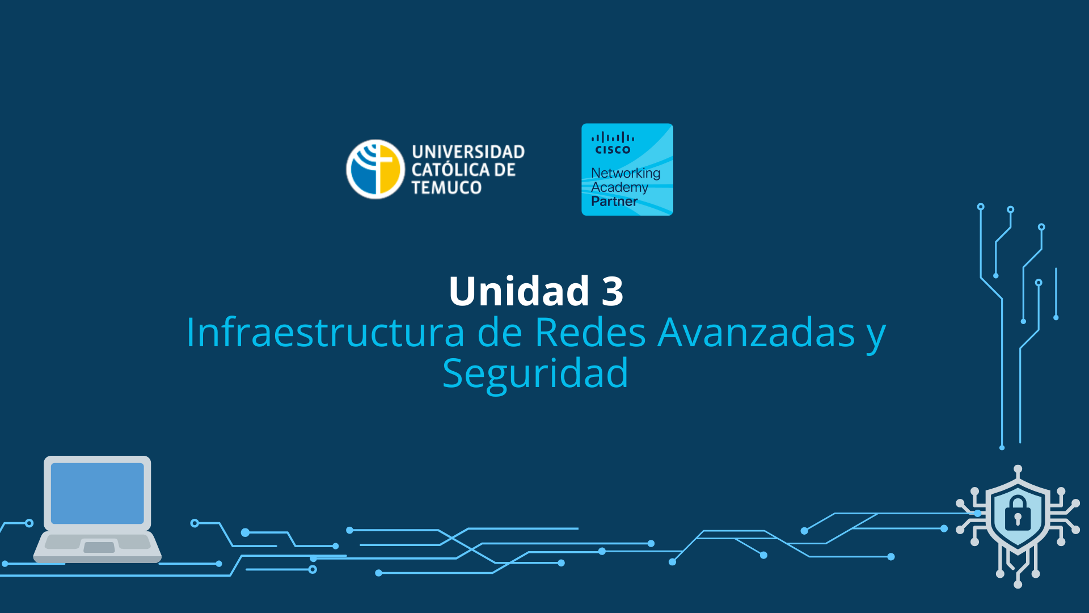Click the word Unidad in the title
(x=519, y=291)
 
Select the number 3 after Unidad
(x=613, y=291)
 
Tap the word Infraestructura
(x=326, y=333)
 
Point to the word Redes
(x=590, y=333)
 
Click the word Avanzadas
(x=756, y=333)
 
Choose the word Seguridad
(x=535, y=373)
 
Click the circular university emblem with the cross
(x=375, y=169)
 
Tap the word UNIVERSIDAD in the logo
(x=468, y=152)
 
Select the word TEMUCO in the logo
(x=446, y=187)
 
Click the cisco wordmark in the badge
(x=613, y=150)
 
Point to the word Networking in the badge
(x=626, y=173)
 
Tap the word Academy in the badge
(x=619, y=187)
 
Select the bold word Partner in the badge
(x=614, y=201)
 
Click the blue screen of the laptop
(x=98, y=493)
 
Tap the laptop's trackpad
(x=99, y=547)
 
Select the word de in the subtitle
(x=499, y=333)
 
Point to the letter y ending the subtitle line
(x=876, y=335)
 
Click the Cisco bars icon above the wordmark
(x=613, y=137)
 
